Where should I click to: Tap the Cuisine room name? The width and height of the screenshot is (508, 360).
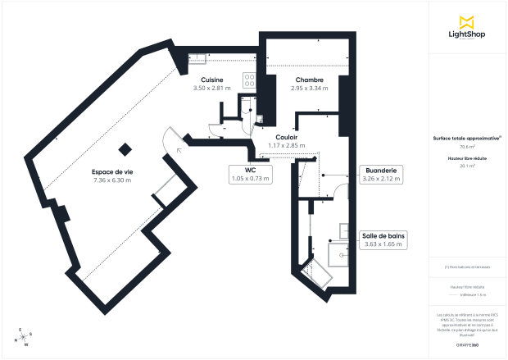213,80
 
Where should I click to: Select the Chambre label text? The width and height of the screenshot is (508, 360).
309,80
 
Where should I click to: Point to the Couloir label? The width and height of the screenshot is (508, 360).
286,137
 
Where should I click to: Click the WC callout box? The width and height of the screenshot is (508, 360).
251,173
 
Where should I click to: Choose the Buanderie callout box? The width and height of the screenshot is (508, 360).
381,173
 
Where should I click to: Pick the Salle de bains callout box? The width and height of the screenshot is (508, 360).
383,239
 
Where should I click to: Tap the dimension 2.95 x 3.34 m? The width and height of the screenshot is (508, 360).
309,88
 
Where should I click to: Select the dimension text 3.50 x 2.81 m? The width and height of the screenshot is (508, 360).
213,88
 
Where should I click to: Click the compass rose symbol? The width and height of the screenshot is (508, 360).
24,336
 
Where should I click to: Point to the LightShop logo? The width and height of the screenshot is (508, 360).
468,30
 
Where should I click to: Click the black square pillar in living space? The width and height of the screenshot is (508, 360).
125,149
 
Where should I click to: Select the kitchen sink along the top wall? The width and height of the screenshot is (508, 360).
197,57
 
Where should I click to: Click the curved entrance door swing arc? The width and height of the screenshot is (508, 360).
173,139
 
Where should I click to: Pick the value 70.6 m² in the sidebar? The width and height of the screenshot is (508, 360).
467,147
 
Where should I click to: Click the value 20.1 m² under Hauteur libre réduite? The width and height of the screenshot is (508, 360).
467,165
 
